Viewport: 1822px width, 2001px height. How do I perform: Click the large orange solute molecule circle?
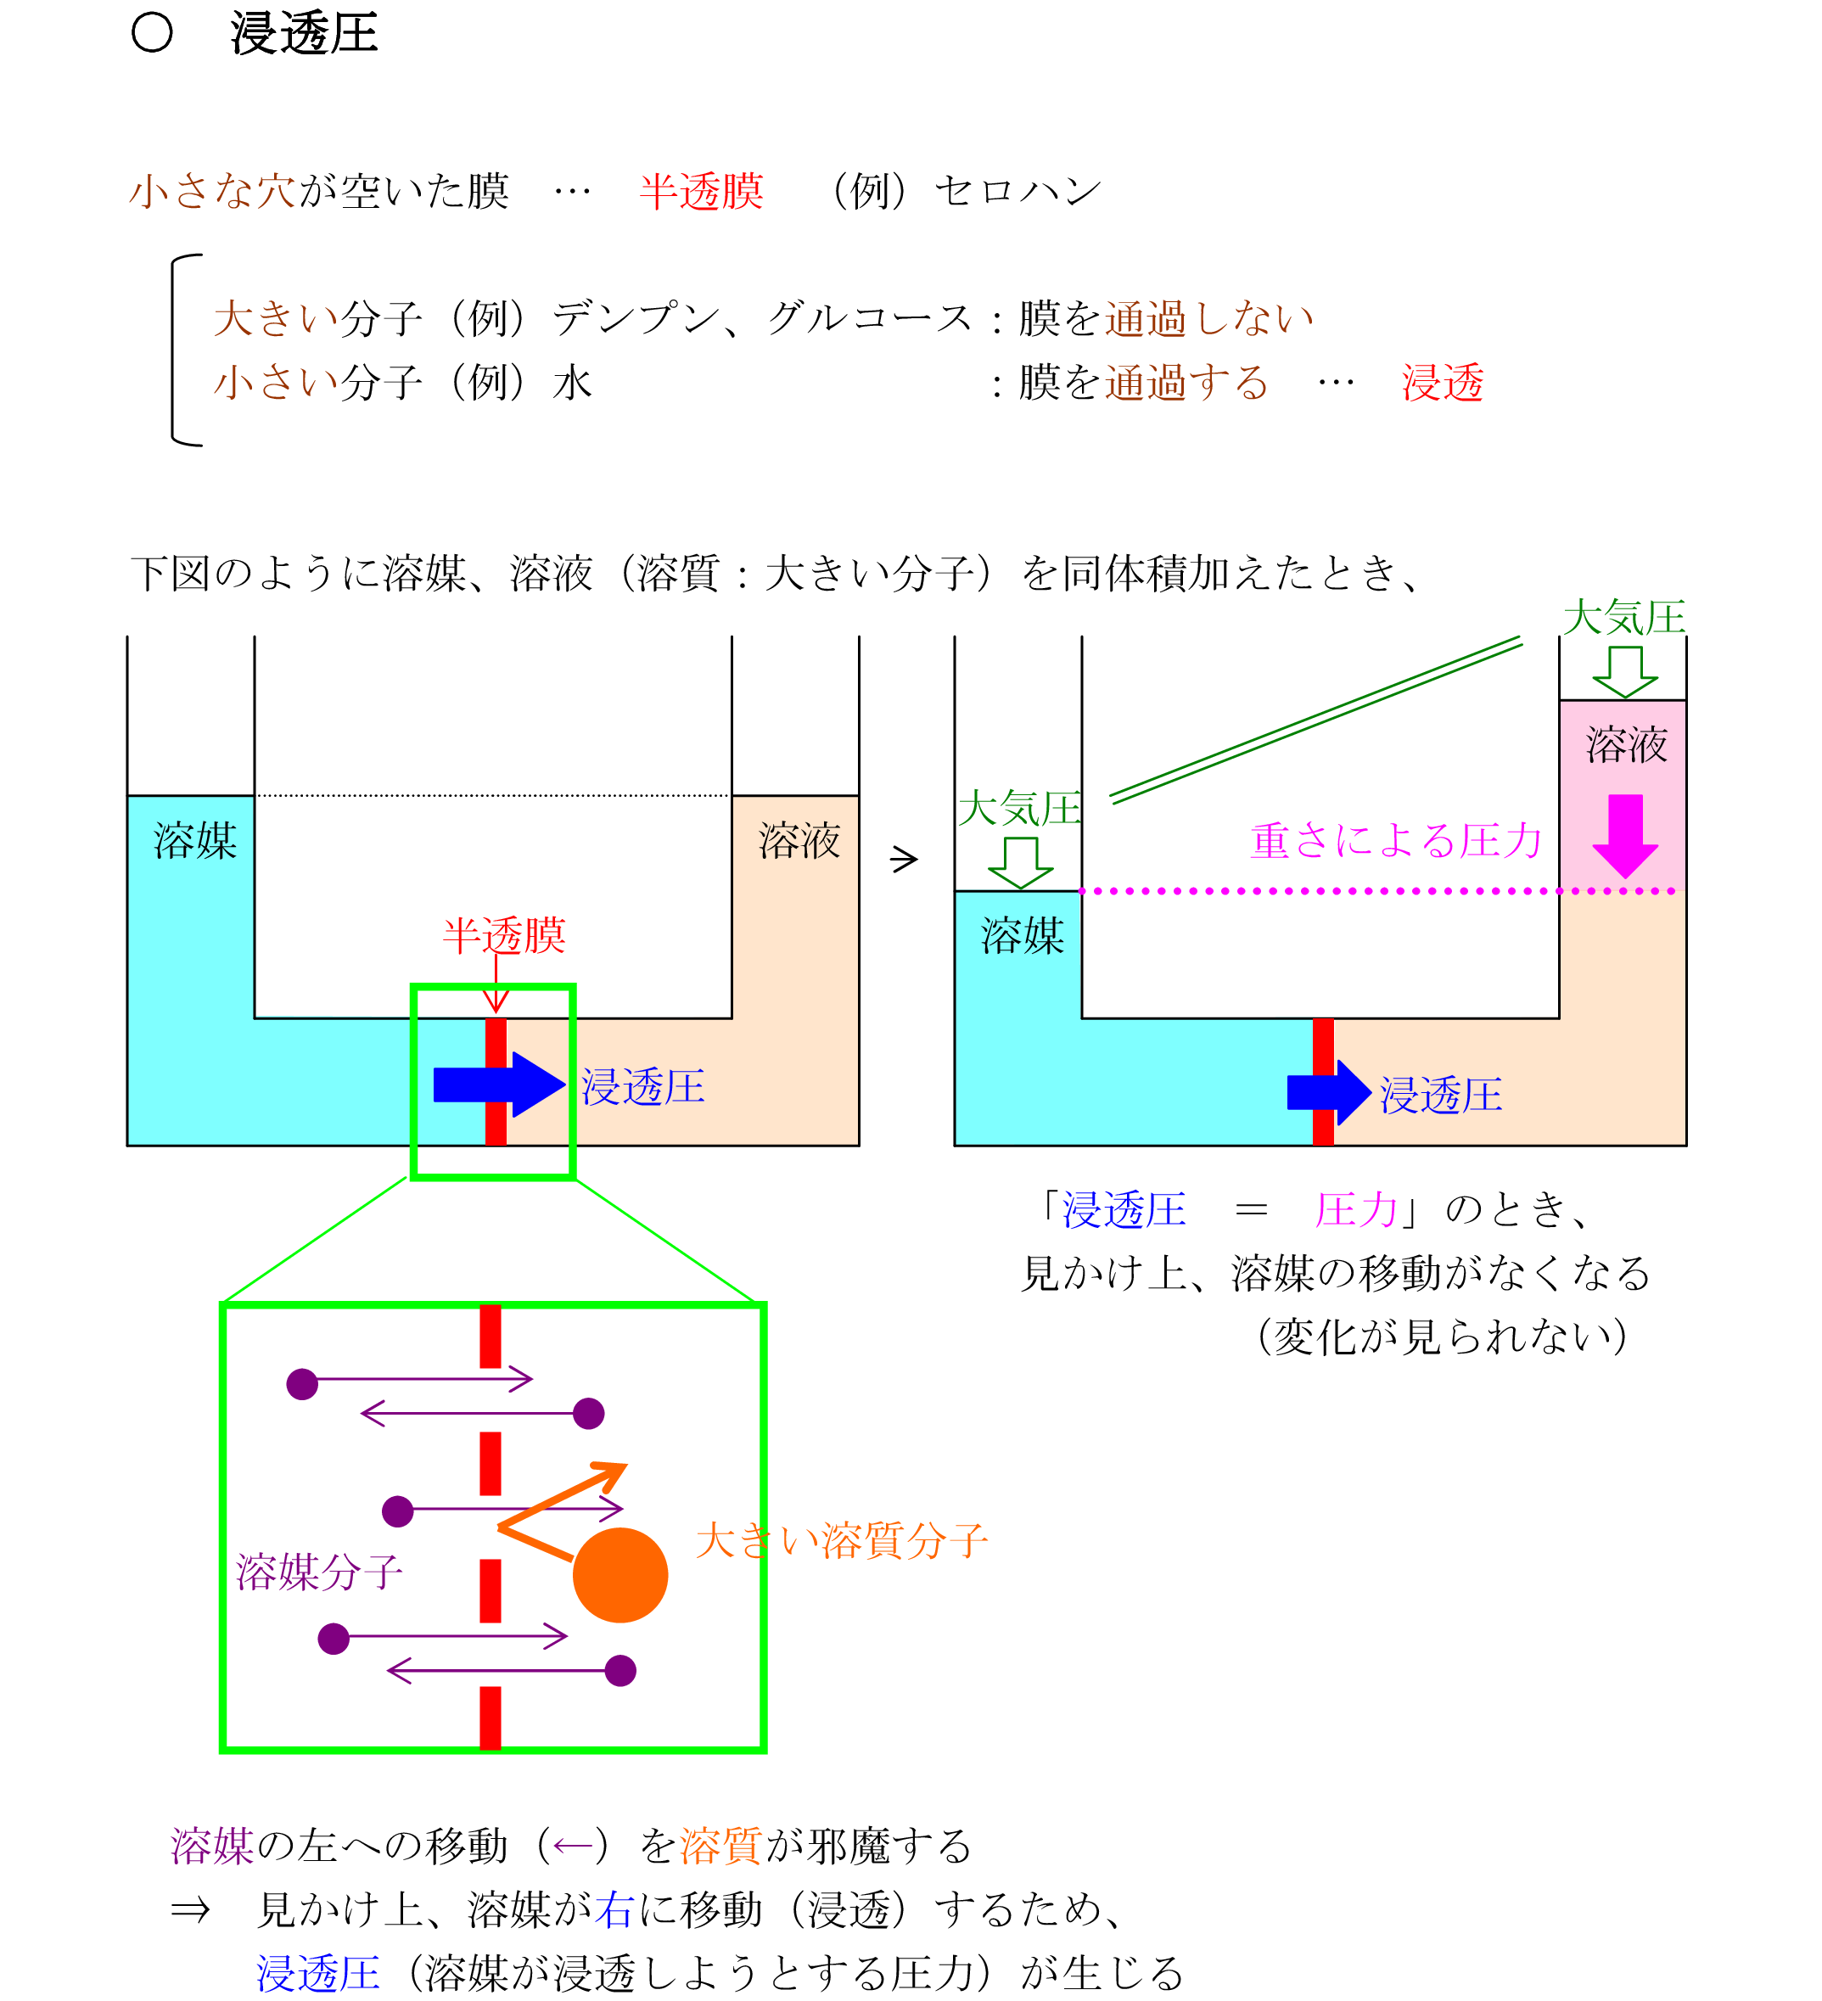[x=620, y=1575]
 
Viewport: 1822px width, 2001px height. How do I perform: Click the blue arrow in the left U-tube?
[x=496, y=1084]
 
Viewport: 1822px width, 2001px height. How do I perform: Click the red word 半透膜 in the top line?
[x=702, y=192]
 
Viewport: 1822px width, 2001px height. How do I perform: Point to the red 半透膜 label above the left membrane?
[x=504, y=935]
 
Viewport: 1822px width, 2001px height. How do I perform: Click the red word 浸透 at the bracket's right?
[x=1442, y=382]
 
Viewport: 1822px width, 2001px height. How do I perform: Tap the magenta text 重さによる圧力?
[x=1395, y=841]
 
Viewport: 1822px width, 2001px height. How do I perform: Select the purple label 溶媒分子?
[x=318, y=1572]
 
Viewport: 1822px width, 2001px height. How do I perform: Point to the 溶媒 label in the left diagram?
[x=194, y=841]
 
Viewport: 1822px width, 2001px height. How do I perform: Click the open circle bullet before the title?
[x=152, y=33]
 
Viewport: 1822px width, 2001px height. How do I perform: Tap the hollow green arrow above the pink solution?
[x=1624, y=671]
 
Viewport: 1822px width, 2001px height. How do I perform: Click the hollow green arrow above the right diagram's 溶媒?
[x=1020, y=861]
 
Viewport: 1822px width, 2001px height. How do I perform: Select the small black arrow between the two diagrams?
[x=903, y=859]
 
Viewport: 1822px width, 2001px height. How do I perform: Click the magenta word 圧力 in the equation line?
[x=1355, y=1210]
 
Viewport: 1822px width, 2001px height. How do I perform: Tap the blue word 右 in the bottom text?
[x=614, y=1909]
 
